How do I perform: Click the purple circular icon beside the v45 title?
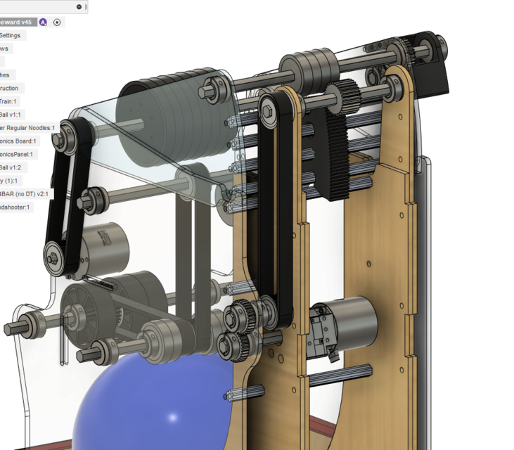click(44, 22)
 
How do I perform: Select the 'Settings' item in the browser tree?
click(11, 35)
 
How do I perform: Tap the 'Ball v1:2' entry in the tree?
click(11, 167)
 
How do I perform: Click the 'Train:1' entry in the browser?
click(9, 101)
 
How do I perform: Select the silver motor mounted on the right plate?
click(345, 327)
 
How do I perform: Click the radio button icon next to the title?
click(57, 22)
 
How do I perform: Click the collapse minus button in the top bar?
click(79, 6)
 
